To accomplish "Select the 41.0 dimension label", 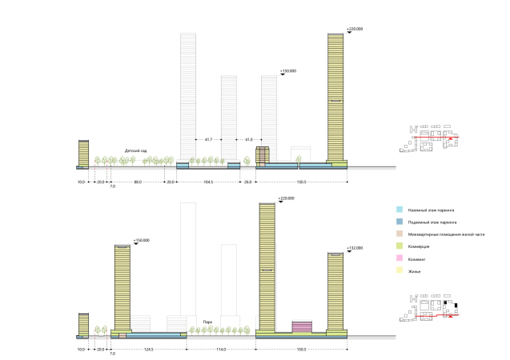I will click(x=249, y=139).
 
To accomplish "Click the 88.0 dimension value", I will click(x=138, y=182).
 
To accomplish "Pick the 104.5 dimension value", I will click(x=208, y=182).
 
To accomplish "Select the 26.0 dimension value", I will click(x=248, y=182).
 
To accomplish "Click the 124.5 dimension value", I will click(x=147, y=350).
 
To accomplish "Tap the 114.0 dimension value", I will click(x=220, y=350).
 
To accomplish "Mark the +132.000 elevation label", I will click(x=355, y=249).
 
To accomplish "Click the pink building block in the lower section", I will click(x=301, y=326).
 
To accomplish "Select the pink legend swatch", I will click(x=400, y=258).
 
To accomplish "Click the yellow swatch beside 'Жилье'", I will click(x=400, y=271).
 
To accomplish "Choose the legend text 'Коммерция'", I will click(x=426, y=246).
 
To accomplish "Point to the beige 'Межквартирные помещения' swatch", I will click(x=400, y=233).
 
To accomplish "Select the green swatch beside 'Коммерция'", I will click(x=400, y=246).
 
